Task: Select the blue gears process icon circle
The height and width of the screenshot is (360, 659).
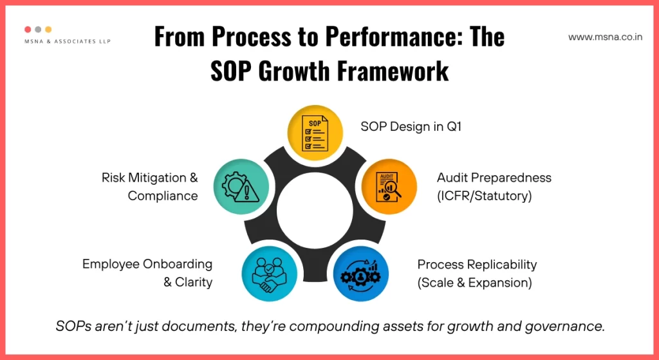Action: [x=360, y=274]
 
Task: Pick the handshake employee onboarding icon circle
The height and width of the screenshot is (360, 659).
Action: [x=270, y=274]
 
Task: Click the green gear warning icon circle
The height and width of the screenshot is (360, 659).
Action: [x=241, y=187]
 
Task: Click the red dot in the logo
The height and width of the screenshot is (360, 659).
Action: [x=28, y=30]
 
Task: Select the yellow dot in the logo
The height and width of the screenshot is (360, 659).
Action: [x=49, y=30]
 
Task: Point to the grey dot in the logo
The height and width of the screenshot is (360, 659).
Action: [x=39, y=30]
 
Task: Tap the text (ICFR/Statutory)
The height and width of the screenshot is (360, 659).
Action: [x=485, y=196]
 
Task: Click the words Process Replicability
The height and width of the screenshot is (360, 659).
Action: [x=477, y=265]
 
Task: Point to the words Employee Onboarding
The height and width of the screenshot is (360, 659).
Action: [x=147, y=264]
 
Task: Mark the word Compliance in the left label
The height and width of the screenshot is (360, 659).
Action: [x=163, y=196]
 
